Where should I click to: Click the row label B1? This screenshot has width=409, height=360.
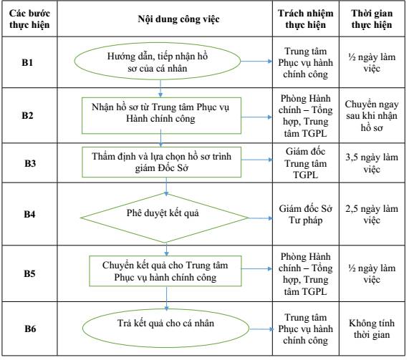pyautogui.click(x=27, y=62)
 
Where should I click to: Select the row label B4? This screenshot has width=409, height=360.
pyautogui.click(x=29, y=214)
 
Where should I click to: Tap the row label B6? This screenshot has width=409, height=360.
pyautogui.click(x=30, y=329)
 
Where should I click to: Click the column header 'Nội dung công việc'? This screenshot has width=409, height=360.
pyautogui.click(x=178, y=19)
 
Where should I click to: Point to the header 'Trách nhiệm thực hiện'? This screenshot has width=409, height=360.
pyautogui.click(x=305, y=19)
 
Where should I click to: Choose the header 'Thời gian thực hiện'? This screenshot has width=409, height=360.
pyautogui.click(x=372, y=19)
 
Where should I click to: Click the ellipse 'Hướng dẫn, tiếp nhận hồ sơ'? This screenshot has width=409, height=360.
pyautogui.click(x=158, y=62)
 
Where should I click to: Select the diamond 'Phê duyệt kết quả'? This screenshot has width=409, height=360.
pyautogui.click(x=164, y=218)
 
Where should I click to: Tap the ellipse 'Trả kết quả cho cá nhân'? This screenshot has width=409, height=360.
pyautogui.click(x=166, y=329)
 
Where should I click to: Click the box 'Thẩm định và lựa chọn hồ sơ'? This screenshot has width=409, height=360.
pyautogui.click(x=161, y=162)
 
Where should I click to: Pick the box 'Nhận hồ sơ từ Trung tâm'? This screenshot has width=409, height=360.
pyautogui.click(x=161, y=116)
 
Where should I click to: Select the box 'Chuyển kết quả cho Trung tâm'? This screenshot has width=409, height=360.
pyautogui.click(x=165, y=271)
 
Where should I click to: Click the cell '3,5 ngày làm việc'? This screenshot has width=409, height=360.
pyautogui.click(x=372, y=163)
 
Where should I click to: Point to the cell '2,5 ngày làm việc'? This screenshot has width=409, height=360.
pyautogui.click(x=372, y=214)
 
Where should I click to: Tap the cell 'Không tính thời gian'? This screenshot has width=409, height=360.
pyautogui.click(x=372, y=329)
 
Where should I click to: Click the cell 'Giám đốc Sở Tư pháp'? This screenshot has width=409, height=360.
pyautogui.click(x=305, y=214)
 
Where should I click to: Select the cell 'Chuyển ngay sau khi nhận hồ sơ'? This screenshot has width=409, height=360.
pyautogui.click(x=372, y=116)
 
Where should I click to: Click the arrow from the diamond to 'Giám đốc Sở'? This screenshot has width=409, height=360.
pyautogui.click(x=261, y=218)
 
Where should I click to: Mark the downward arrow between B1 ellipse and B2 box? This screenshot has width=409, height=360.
pyautogui.click(x=160, y=89)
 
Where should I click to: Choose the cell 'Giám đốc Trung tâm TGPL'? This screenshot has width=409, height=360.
pyautogui.click(x=305, y=163)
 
